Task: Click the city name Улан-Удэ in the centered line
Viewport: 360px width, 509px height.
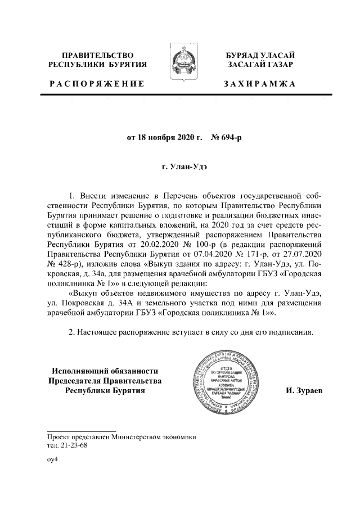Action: coord(184,167)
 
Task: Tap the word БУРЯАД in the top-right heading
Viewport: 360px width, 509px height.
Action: coord(242,55)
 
